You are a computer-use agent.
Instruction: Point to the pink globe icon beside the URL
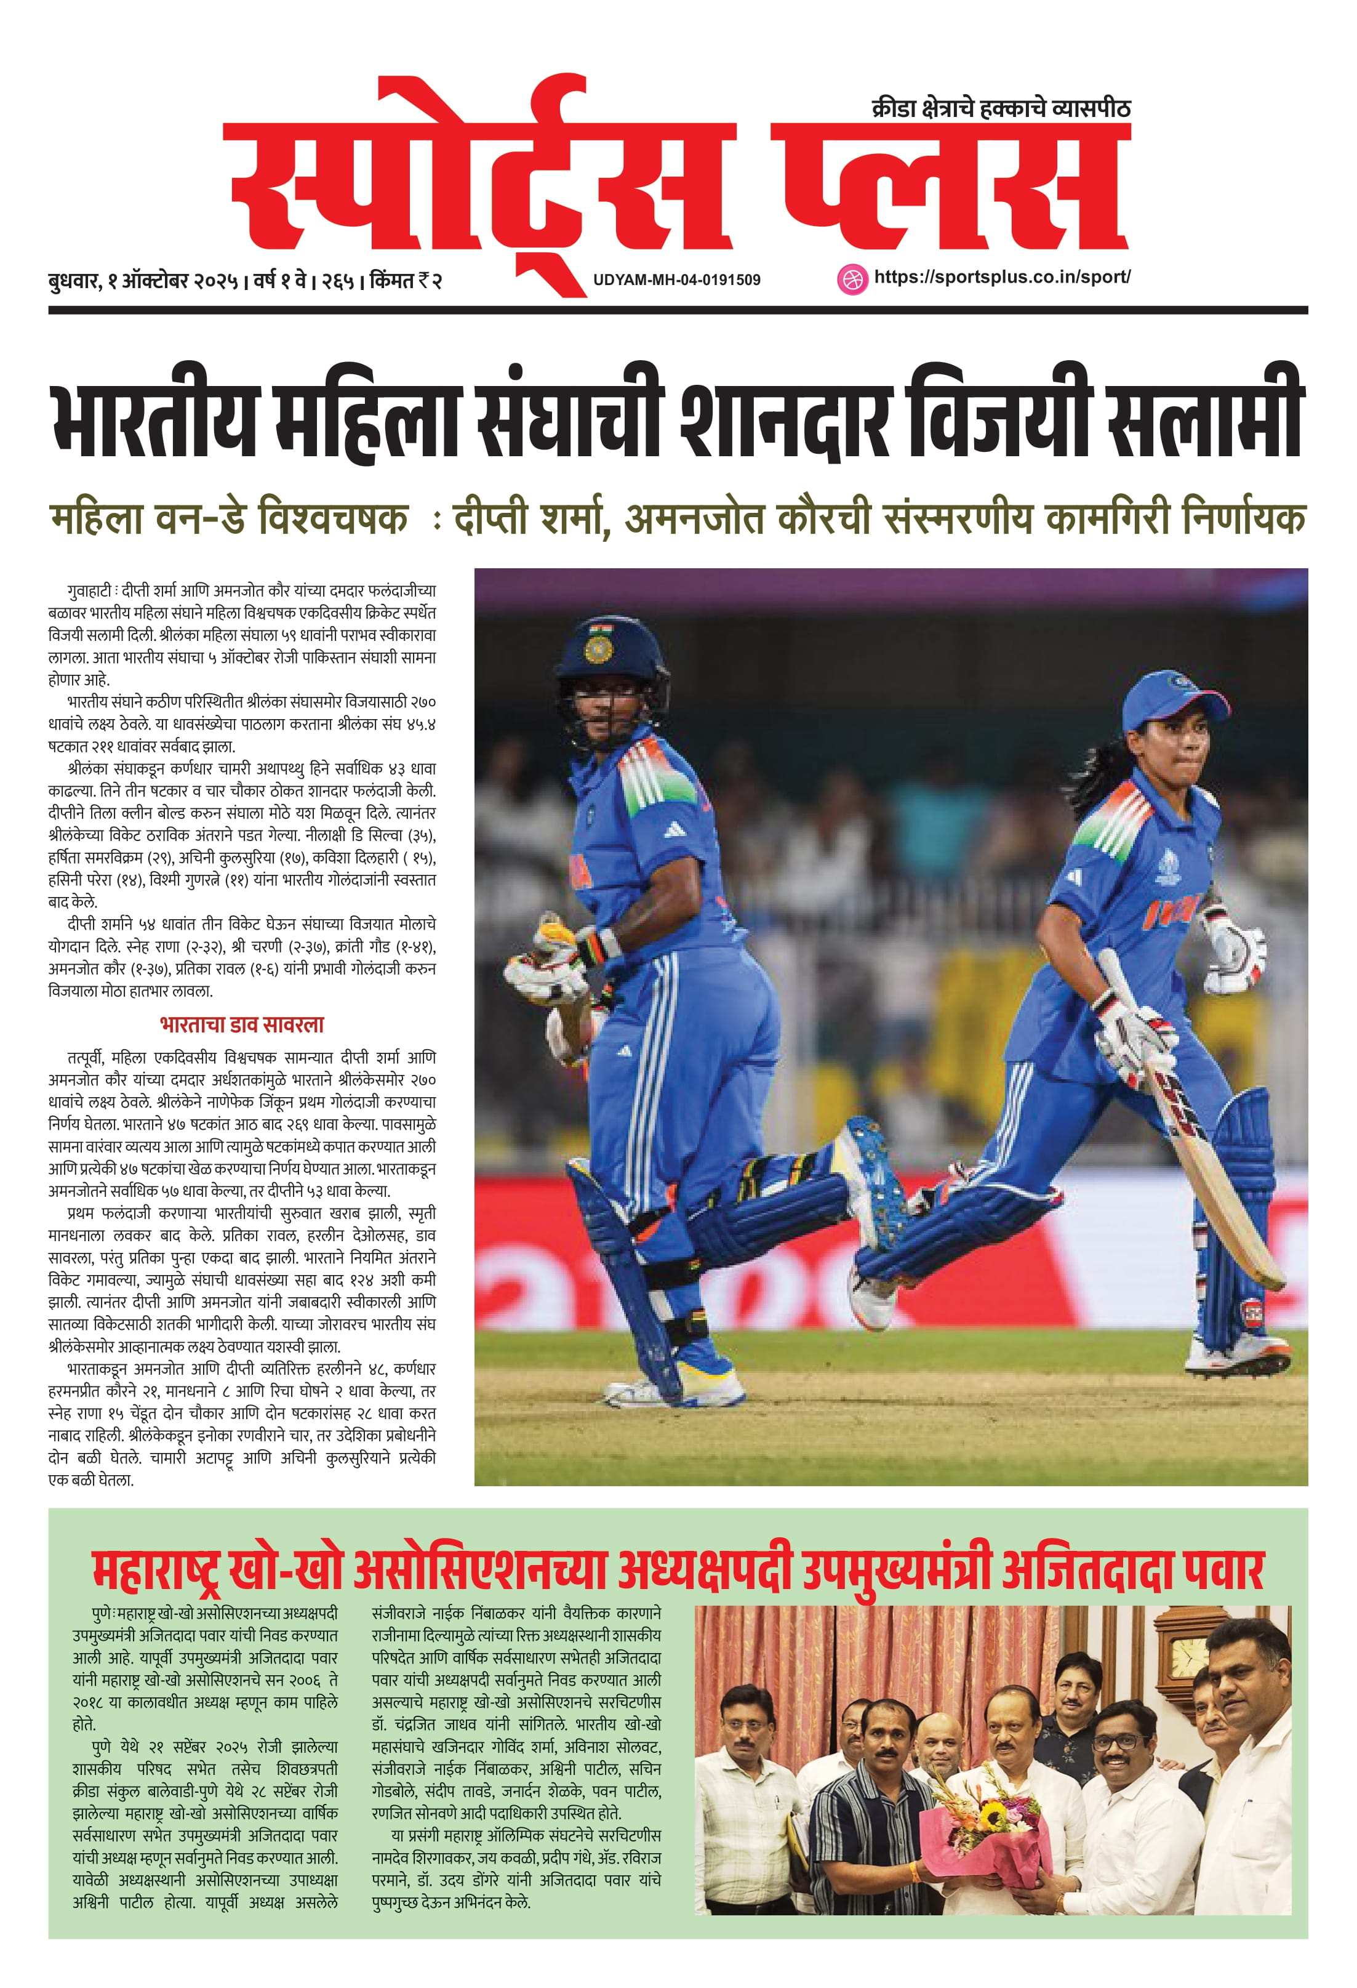click(851, 279)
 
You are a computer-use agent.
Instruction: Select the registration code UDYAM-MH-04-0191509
click(676, 280)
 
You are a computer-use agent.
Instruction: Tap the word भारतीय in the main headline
click(154, 419)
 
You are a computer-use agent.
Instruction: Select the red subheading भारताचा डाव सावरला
click(242, 1025)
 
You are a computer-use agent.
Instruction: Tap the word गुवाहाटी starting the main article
click(89, 591)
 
